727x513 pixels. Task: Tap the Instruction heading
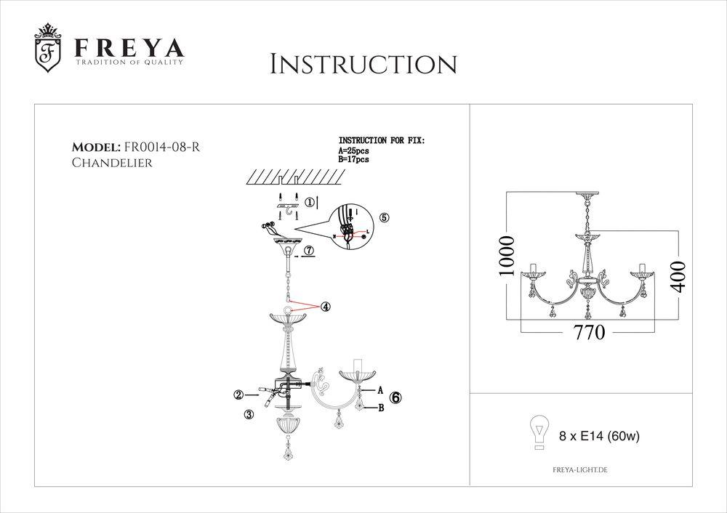[x=363, y=64]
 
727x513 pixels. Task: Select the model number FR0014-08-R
[x=163, y=148]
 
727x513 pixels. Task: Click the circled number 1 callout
[x=310, y=203]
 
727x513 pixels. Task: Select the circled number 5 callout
[x=385, y=217]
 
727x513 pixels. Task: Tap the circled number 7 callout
[x=309, y=250]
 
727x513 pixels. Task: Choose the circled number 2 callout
[x=238, y=395]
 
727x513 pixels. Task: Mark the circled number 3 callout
[x=249, y=414]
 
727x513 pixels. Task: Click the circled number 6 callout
[x=395, y=397]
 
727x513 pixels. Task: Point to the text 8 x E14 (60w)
[x=598, y=437]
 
